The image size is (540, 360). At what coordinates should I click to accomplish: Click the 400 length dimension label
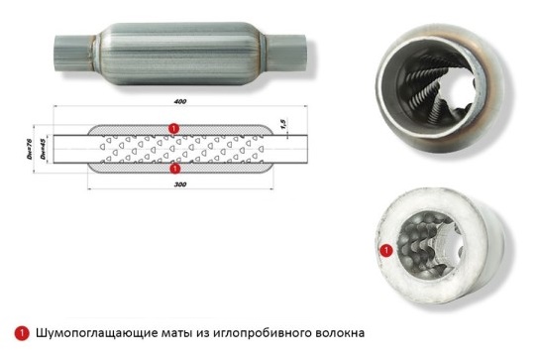coord(180,101)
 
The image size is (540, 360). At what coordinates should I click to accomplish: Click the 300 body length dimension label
coord(180,184)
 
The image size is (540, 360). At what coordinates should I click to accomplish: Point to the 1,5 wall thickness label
coord(282,125)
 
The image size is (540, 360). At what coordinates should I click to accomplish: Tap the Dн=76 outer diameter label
coord(30,149)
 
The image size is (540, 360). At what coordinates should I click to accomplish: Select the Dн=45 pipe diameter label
coord(43,149)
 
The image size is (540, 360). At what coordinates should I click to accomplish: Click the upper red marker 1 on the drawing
coord(174,129)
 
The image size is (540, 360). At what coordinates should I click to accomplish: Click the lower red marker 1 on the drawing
coord(175,169)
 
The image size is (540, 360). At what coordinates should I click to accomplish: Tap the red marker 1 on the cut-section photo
coord(386,250)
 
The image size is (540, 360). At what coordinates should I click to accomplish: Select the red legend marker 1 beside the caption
coord(22,333)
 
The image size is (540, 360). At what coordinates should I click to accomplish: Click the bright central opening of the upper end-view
coord(460,91)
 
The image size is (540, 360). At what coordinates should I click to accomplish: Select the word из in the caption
coord(202,334)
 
